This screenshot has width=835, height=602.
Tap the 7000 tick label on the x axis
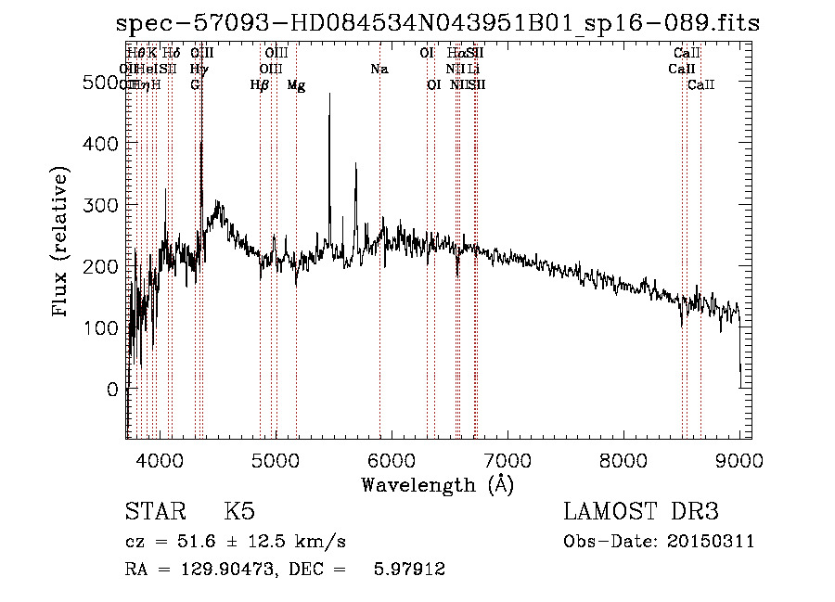[507, 459]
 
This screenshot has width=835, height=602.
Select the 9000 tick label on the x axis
[739, 459]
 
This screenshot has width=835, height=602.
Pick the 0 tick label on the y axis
[113, 390]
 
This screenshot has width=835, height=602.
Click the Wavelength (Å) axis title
[437, 484]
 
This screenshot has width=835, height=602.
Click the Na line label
[379, 70]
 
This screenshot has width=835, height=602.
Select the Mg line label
[296, 85]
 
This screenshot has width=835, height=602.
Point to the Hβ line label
[260, 85]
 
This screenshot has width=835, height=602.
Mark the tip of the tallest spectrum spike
[329, 94]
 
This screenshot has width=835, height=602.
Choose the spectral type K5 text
[238, 512]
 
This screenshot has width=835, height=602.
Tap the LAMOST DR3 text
[640, 512]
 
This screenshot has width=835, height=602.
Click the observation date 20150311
[711, 542]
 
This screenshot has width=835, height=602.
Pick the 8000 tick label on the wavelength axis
[623, 459]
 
